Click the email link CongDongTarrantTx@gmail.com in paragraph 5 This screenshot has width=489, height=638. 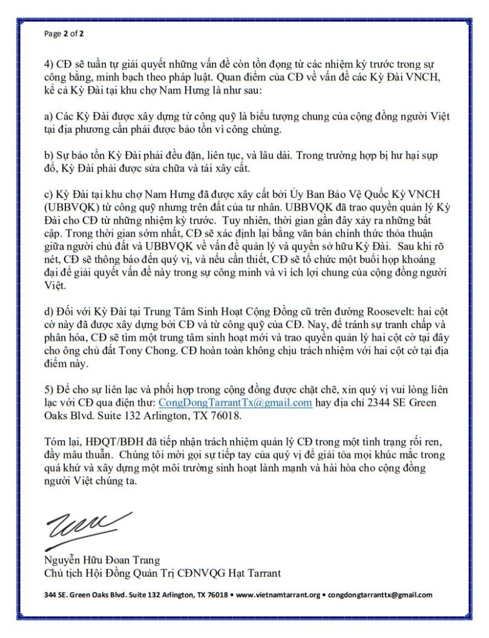pyautogui.click(x=235, y=403)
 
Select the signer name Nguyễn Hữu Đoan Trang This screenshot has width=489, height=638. pyautogui.click(x=102, y=559)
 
